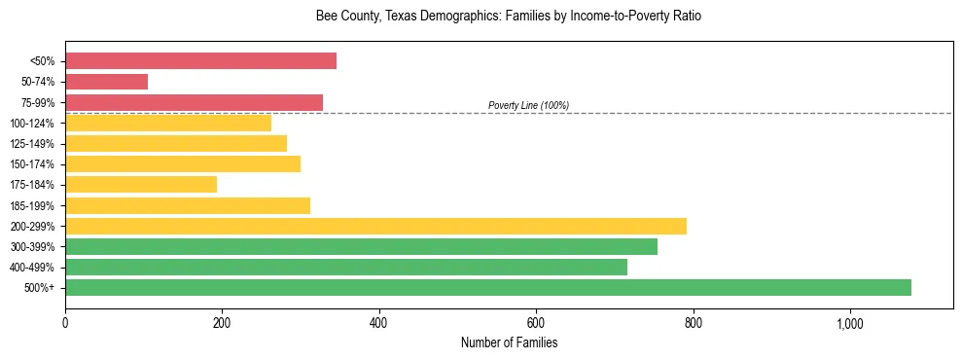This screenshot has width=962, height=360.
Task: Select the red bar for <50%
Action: tap(200, 61)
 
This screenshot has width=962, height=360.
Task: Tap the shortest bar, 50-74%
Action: tap(106, 82)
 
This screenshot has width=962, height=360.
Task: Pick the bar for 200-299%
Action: tap(375, 226)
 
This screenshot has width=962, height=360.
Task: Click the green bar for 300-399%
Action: tap(361, 246)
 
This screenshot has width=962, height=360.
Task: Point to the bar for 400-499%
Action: tap(346, 267)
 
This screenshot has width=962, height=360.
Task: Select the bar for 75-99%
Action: tap(194, 102)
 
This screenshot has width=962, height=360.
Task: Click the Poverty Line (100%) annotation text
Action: tap(528, 105)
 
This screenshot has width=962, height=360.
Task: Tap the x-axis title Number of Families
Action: tap(509, 342)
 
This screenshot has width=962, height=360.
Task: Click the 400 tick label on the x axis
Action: tap(379, 323)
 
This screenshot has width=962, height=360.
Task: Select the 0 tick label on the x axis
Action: tap(65, 323)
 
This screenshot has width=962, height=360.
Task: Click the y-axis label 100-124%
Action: tap(32, 124)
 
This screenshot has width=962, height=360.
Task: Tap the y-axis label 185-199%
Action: tap(32, 205)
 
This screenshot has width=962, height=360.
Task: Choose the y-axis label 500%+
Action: tap(38, 288)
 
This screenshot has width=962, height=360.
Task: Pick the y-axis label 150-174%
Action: tap(32, 164)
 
